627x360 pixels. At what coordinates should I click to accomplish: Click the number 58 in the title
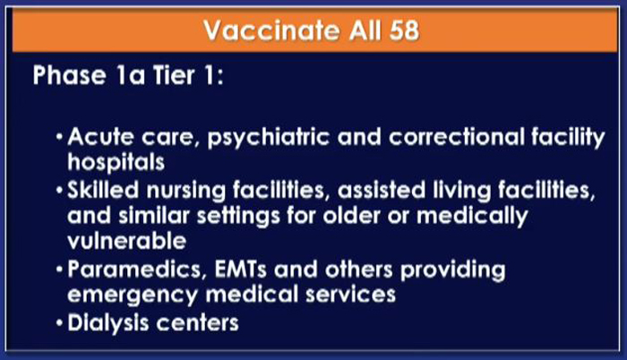click(x=404, y=30)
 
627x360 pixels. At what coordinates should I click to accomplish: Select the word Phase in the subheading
click(x=69, y=75)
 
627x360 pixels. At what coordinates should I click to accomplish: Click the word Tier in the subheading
click(x=174, y=75)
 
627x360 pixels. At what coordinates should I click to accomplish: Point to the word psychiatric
click(x=269, y=138)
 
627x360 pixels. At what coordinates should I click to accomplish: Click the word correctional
click(x=456, y=137)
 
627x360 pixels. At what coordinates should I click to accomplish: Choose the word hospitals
click(x=116, y=163)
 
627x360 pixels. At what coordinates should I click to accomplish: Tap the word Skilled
click(x=103, y=189)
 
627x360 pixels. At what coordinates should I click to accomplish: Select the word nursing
click(x=186, y=191)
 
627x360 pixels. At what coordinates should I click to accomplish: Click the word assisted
click(x=382, y=190)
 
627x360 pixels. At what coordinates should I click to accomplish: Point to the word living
click(x=462, y=191)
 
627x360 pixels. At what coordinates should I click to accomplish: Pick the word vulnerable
click(x=127, y=241)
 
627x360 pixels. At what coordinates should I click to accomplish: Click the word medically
click(x=472, y=217)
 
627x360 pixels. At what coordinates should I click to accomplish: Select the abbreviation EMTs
click(x=240, y=270)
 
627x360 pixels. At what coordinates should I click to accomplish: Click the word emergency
click(x=133, y=296)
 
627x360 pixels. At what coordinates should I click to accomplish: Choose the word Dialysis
click(x=108, y=323)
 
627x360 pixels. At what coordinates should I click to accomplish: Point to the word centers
click(x=198, y=323)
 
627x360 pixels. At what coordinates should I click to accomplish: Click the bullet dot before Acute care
click(x=60, y=137)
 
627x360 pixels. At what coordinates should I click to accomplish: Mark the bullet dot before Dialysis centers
click(x=60, y=322)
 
